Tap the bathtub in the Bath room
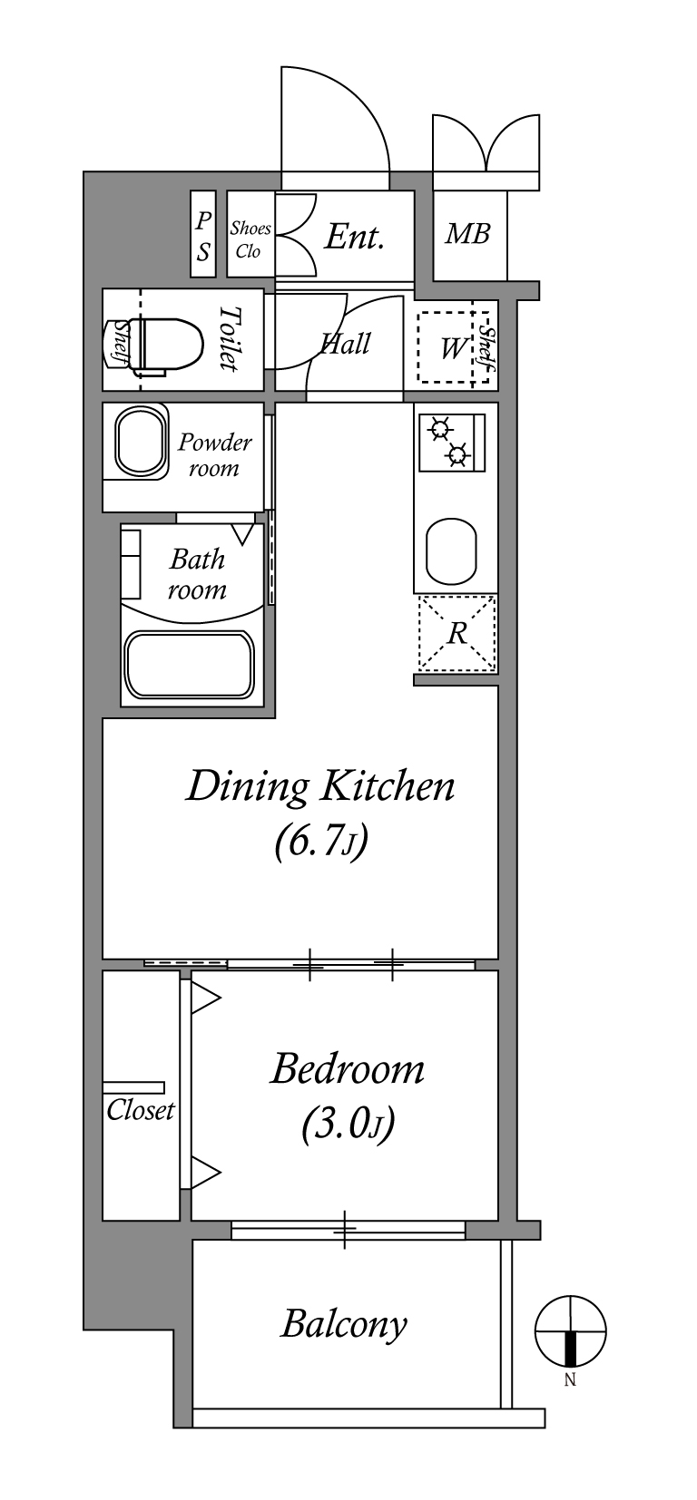[x=191, y=665]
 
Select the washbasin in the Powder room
[x=141, y=443]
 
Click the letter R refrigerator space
[x=457, y=632]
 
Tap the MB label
[x=467, y=234]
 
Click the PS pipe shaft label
[x=203, y=235]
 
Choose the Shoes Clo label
[x=250, y=239]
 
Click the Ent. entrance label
[x=354, y=237]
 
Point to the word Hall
[x=346, y=344]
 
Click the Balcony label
[x=344, y=1325]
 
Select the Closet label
[x=141, y=1111]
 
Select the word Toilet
[x=229, y=338]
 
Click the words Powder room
[x=214, y=455]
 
